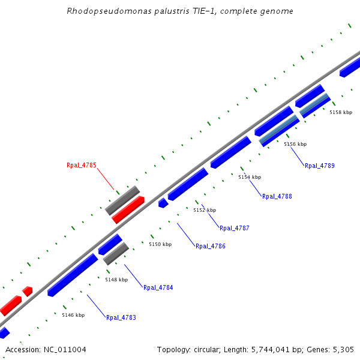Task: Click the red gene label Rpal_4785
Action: point(81,165)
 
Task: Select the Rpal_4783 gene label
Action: point(121,317)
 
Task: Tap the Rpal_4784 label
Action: point(158,287)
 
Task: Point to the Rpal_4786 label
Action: point(211,246)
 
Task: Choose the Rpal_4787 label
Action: point(234,228)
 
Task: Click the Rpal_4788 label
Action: point(277,196)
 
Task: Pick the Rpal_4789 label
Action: point(320,166)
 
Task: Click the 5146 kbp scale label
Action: point(73,315)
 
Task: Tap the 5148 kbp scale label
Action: point(116,280)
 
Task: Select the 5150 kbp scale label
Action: point(160,244)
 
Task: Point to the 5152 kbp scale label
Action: point(205,210)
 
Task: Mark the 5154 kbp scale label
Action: point(250,177)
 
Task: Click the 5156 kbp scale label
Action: point(295,144)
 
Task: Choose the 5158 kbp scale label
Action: point(341,112)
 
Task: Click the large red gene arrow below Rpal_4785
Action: point(128,209)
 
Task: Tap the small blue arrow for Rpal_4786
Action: point(163,203)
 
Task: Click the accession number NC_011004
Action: point(63,349)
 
